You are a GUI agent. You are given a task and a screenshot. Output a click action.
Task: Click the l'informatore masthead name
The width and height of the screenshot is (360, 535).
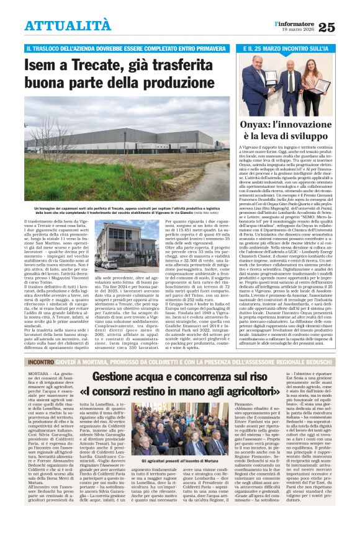(x=295, y=24)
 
